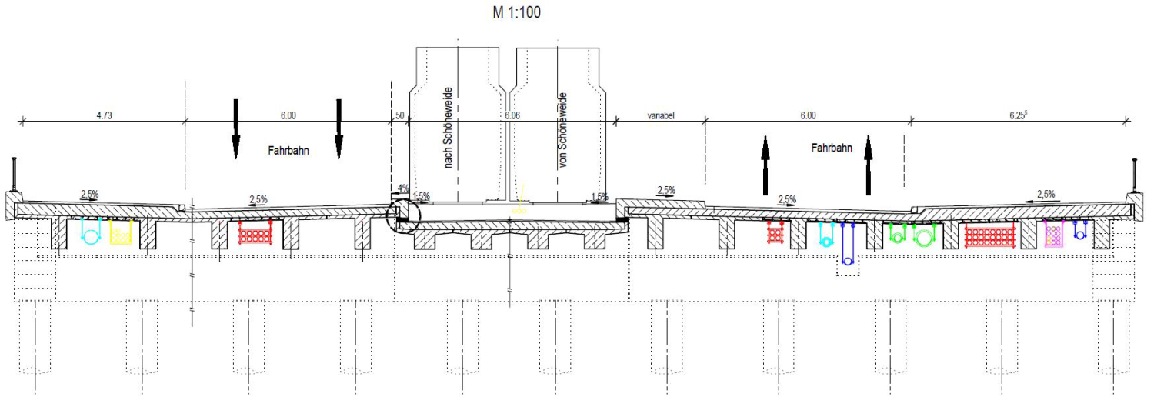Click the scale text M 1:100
516,12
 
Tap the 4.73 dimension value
104,115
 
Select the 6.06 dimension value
512,115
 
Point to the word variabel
661,116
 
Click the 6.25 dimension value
1018,115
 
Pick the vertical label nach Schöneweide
448,128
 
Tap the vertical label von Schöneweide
562,130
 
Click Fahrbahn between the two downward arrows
288,150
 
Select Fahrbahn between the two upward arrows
832,148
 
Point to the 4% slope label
403,188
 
